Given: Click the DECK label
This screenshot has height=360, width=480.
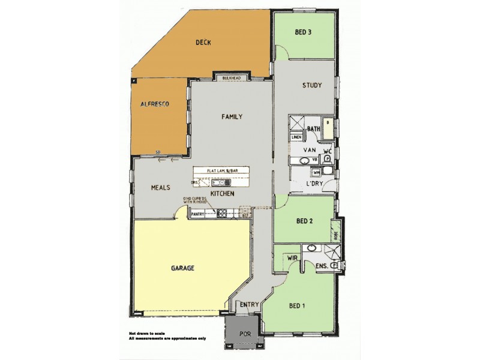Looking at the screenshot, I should (x=203, y=43).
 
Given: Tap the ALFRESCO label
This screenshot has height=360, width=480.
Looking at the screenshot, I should (x=154, y=104).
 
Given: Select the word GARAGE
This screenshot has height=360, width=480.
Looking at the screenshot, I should (x=183, y=268).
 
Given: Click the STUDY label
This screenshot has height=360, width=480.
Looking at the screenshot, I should (x=312, y=85).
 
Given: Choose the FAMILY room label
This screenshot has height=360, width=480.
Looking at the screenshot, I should (x=232, y=116).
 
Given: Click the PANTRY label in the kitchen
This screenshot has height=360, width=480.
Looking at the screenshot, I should (x=199, y=213).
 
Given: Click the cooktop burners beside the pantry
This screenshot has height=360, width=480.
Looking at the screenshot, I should (x=222, y=213).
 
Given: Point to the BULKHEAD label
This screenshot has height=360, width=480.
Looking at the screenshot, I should (x=231, y=79).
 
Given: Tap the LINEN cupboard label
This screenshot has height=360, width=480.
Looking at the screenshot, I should (x=296, y=137).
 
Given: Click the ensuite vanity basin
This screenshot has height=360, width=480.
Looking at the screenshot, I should (x=312, y=247).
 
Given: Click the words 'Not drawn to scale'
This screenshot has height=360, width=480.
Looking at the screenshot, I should (x=146, y=333).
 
